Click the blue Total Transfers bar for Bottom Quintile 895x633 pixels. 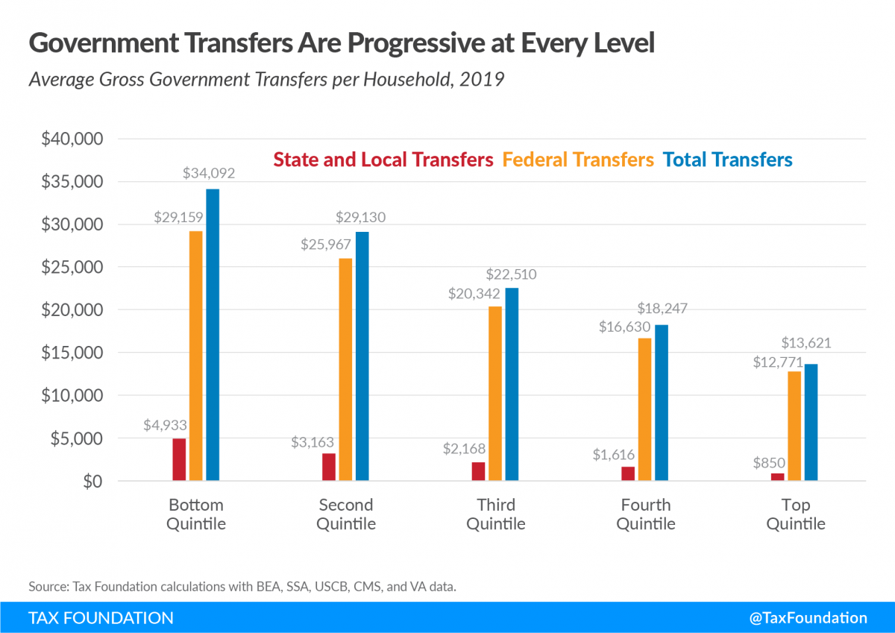pos(213,335)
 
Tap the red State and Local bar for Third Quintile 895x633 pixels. pos(478,471)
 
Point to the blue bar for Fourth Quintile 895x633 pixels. pos(662,403)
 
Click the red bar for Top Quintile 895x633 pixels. pos(778,477)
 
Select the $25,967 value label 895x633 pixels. pos(326,244)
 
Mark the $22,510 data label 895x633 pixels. pos(511,274)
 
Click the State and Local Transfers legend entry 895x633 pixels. pos(383,160)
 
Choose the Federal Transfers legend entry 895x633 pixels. pos(578,160)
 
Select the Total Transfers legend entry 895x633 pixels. pos(727,160)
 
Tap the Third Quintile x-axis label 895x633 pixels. pos(495,514)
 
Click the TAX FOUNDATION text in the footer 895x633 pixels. pos(101,617)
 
